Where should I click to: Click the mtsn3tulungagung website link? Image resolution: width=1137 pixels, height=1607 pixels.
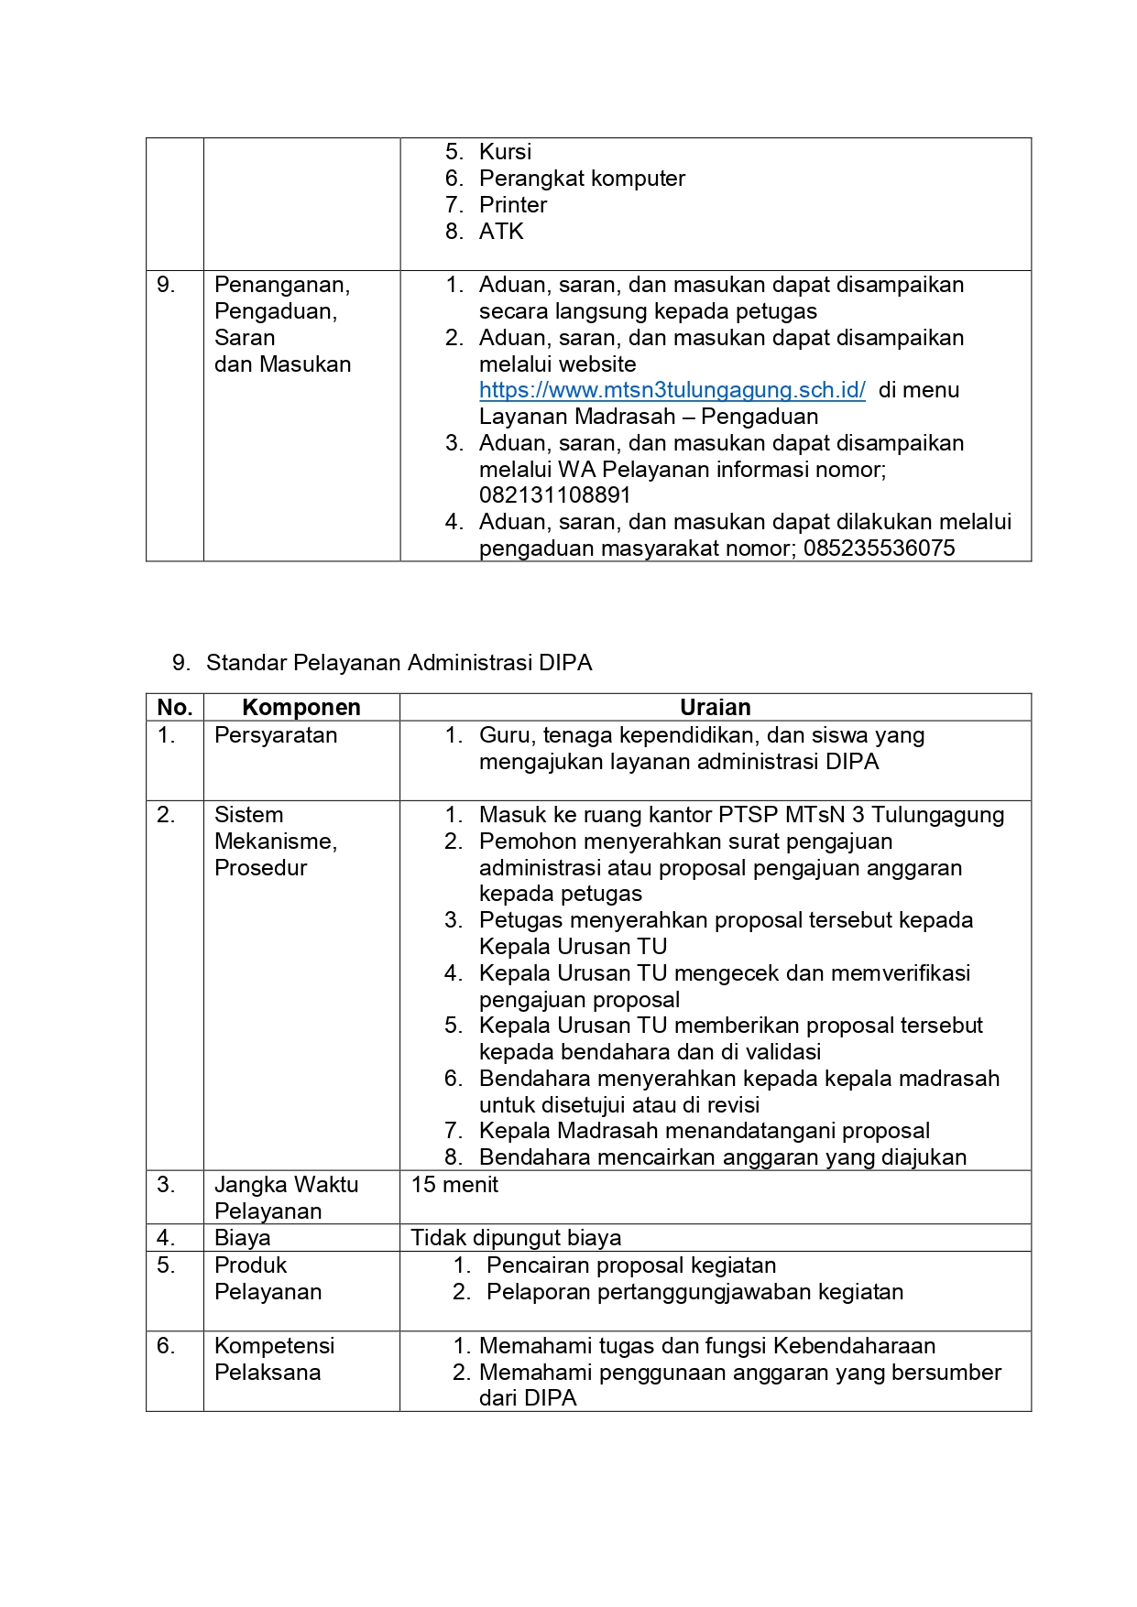pyautogui.click(x=672, y=390)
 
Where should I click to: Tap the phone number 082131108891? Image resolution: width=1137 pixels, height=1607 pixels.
pyautogui.click(x=554, y=495)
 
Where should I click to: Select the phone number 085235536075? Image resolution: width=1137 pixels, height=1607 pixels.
pyautogui.click(x=879, y=548)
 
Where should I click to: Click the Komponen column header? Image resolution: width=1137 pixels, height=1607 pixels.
pyautogui.click(x=301, y=707)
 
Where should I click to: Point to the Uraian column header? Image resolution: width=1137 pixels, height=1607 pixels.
pyautogui.click(x=715, y=707)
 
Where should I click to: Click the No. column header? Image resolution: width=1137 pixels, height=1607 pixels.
pyautogui.click(x=174, y=707)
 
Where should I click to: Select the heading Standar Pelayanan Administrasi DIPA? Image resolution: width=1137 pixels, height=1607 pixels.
pyautogui.click(x=399, y=663)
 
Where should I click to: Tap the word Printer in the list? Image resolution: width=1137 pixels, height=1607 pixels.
pyautogui.click(x=512, y=205)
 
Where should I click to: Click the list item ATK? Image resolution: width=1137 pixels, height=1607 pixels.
pyautogui.click(x=501, y=232)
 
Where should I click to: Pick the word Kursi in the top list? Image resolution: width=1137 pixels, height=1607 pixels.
pyautogui.click(x=505, y=152)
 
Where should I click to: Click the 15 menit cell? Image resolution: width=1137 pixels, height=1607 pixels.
pyautogui.click(x=454, y=1185)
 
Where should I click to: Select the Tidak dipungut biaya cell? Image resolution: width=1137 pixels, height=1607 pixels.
pyautogui.click(x=516, y=1238)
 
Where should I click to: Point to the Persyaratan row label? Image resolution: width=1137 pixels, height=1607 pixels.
pyautogui.click(x=276, y=735)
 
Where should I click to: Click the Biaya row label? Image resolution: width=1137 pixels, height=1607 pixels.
pyautogui.click(x=243, y=1238)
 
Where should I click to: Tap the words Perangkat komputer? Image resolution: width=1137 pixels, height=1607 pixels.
pyautogui.click(x=582, y=179)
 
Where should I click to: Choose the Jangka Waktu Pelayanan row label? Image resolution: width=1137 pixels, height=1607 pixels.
pyautogui.click(x=286, y=1198)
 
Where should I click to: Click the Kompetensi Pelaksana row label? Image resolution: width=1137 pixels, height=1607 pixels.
pyautogui.click(x=274, y=1359)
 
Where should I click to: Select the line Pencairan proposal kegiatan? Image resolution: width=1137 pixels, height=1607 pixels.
pyautogui.click(x=631, y=1265)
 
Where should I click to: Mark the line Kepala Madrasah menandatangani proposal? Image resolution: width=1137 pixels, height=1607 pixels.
pyautogui.click(x=704, y=1131)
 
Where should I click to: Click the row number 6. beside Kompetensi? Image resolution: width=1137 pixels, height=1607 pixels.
pyautogui.click(x=166, y=1346)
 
